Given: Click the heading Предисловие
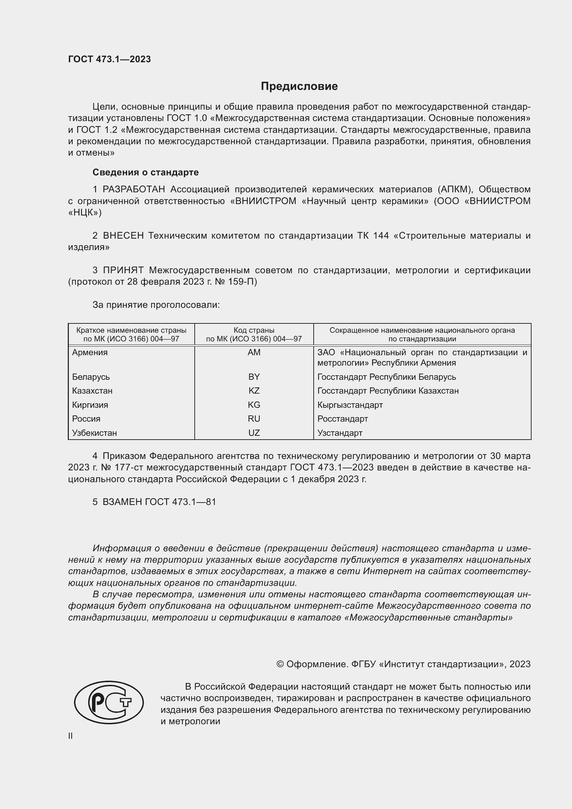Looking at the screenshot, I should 299,86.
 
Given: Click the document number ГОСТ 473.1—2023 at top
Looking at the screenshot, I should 109,59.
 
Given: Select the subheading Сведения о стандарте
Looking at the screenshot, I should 146,172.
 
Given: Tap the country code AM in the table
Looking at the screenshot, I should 253,352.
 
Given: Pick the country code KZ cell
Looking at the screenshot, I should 253,391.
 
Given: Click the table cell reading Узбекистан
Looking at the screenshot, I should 94,433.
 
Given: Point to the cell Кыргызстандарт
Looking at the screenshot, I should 350,405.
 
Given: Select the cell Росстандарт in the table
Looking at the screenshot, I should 342,419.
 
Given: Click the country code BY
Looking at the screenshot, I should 253,377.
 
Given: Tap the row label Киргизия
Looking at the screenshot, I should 90,405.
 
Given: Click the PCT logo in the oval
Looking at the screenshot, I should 109,702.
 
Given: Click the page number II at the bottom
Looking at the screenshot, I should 71,736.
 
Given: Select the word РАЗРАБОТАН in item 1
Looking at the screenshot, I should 133,190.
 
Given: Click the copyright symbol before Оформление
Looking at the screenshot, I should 280,664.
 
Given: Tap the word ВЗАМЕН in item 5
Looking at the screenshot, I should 122,502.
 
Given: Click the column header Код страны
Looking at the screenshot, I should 253,331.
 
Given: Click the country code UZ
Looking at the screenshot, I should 253,433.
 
